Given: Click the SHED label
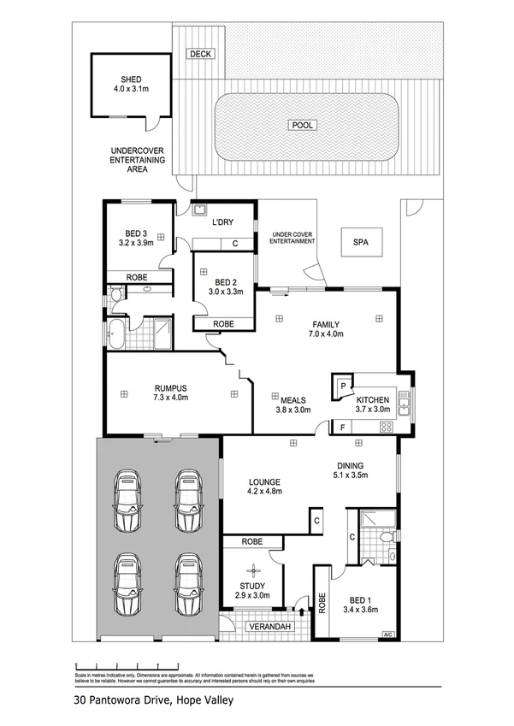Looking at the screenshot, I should pyautogui.click(x=131, y=77).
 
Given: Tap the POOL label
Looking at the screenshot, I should pyautogui.click(x=303, y=125).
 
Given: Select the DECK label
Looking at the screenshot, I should pyautogui.click(x=201, y=54).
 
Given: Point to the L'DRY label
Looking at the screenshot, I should pyautogui.click(x=222, y=222).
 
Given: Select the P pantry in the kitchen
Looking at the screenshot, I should pyautogui.click(x=343, y=386).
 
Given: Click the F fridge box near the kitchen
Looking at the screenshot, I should pyautogui.click(x=343, y=427).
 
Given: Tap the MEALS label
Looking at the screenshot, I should pyautogui.click(x=292, y=398).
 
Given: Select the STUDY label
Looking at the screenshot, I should pyautogui.click(x=252, y=586).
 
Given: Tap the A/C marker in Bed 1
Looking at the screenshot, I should pyautogui.click(x=387, y=634).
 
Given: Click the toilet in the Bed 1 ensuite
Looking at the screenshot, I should pyautogui.click(x=386, y=536).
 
